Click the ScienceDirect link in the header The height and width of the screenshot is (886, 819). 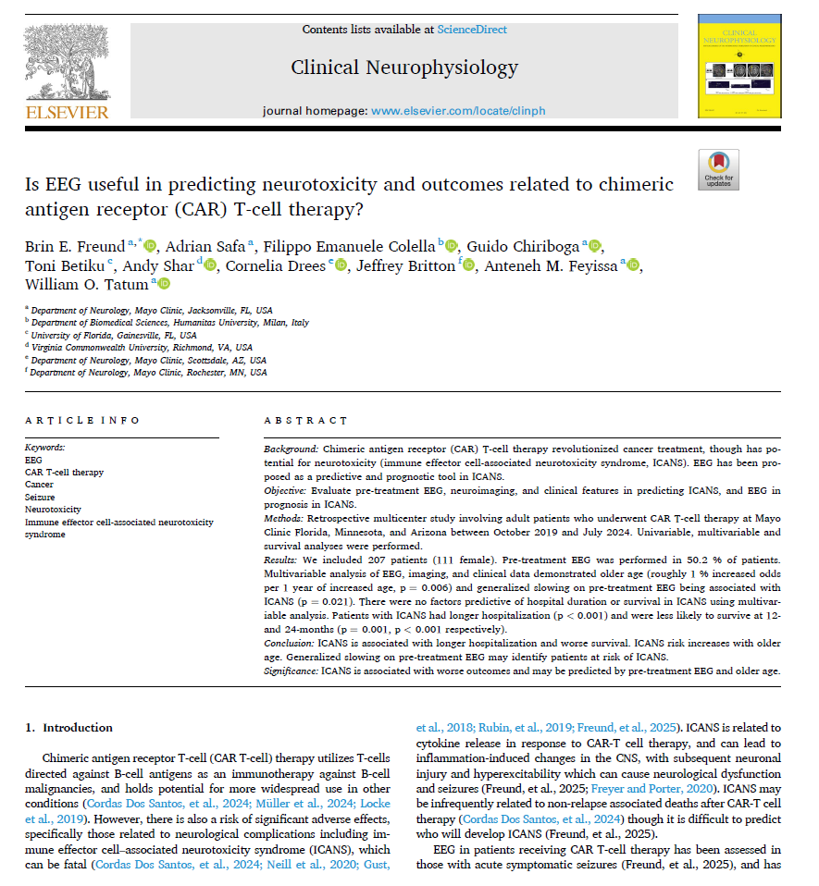coord(472,30)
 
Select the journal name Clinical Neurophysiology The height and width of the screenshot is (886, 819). coord(404,68)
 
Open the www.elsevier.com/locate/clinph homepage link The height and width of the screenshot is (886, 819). coord(458,111)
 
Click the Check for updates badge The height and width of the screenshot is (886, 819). coord(718,169)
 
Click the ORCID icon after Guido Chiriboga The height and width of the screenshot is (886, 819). coord(595,246)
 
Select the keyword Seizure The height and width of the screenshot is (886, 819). coord(39,497)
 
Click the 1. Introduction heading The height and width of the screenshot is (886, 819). coord(68,727)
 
